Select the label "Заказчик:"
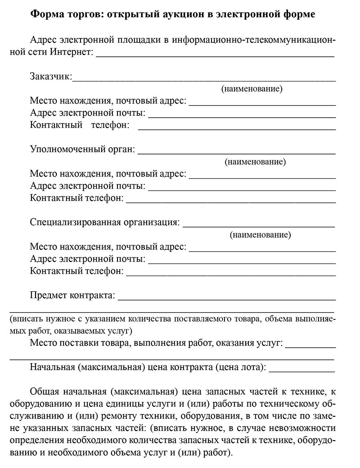[x=51, y=77]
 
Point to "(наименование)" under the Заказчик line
[x=252, y=89]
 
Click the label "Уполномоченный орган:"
[x=82, y=150]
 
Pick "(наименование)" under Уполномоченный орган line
[x=255, y=162]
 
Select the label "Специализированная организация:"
[x=105, y=223]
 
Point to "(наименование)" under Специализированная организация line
[x=260, y=235]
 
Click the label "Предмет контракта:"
[x=73, y=295]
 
